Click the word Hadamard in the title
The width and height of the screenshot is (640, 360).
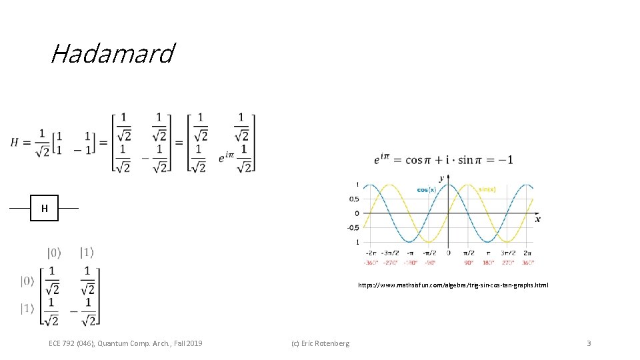(x=112, y=53)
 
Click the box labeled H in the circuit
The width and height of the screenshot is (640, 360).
(x=45, y=208)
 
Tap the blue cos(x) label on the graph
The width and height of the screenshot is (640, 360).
(x=426, y=189)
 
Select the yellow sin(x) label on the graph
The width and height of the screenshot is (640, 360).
(x=487, y=189)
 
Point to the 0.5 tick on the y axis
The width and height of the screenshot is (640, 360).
(x=353, y=199)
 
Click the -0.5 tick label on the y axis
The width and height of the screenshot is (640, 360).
(x=353, y=227)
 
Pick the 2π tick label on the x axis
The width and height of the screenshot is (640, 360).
(x=527, y=253)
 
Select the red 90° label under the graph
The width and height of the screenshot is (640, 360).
(x=468, y=262)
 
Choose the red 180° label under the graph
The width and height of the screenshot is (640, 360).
(x=488, y=262)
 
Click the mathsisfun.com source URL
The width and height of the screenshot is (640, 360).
(x=453, y=285)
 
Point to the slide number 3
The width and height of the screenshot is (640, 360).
(x=589, y=343)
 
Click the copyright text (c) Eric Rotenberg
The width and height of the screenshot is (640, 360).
(x=320, y=343)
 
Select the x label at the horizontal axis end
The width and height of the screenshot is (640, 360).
(x=537, y=219)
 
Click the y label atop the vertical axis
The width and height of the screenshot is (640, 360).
(x=441, y=178)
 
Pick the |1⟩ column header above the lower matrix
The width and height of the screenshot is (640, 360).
(x=87, y=253)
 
